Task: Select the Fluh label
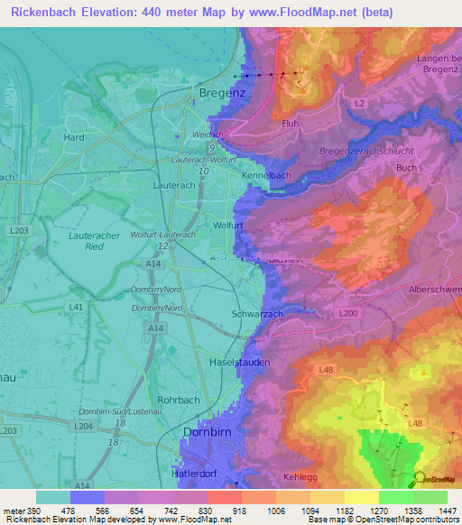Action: (x=291, y=124)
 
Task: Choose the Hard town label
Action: (x=74, y=138)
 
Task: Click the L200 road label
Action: (x=348, y=312)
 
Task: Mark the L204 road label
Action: (x=83, y=426)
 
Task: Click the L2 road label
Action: (x=360, y=105)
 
